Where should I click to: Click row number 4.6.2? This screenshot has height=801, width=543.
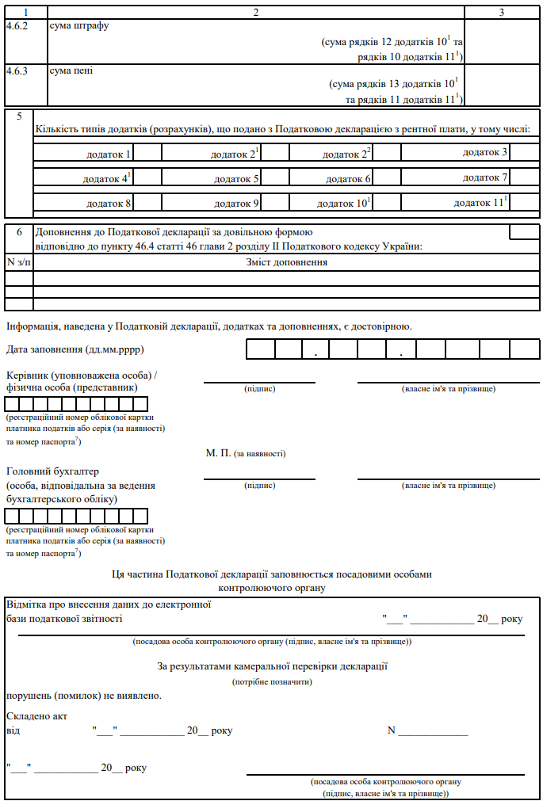[17, 25]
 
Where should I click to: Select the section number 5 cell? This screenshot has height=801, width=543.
[19, 116]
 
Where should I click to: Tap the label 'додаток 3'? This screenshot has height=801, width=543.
[485, 151]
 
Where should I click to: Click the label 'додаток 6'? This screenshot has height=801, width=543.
[349, 179]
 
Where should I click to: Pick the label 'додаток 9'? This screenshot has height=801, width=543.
[237, 204]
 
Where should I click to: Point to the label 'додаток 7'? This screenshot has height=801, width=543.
[485, 177]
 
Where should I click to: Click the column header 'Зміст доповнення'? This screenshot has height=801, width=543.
[287, 262]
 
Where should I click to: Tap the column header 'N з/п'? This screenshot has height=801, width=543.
[19, 262]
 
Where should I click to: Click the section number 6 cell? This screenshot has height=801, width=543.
[19, 232]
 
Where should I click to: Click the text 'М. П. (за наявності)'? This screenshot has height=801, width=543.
[246, 453]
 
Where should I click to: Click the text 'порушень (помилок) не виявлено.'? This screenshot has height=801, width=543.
[84, 696]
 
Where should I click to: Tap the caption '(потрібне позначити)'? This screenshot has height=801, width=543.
[272, 681]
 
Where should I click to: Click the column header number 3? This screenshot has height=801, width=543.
[501, 13]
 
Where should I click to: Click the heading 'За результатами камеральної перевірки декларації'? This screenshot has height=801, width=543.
[272, 666]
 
